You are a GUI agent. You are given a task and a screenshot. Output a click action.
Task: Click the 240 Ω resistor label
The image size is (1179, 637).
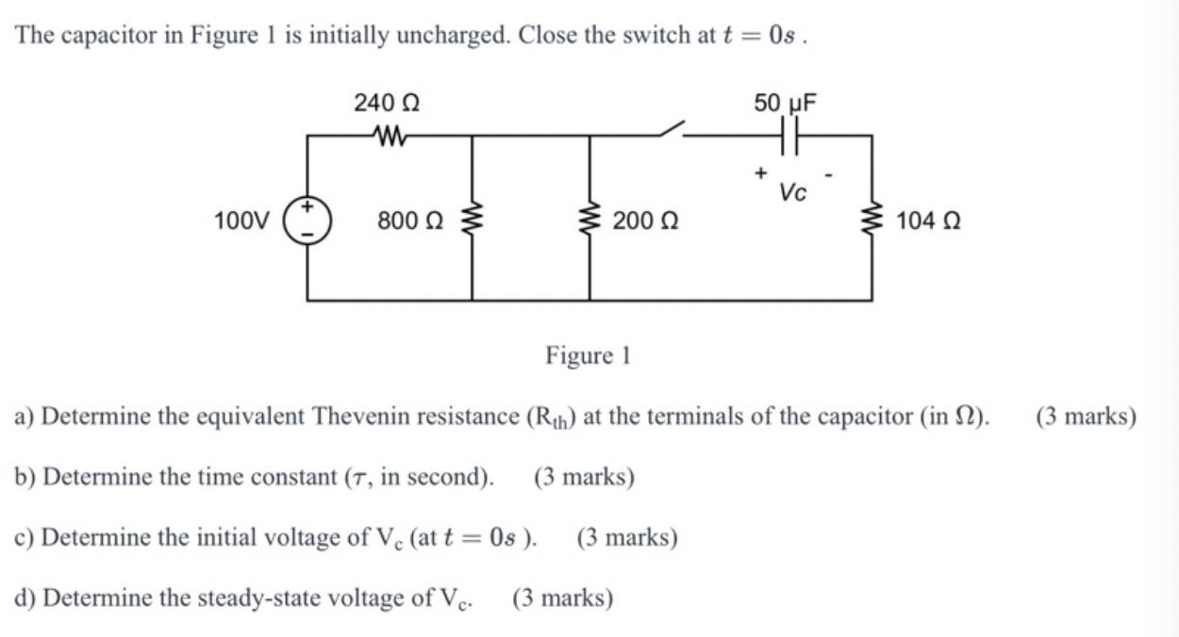coord(387,103)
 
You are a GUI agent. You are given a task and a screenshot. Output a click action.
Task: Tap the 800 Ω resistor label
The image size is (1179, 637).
coord(410,221)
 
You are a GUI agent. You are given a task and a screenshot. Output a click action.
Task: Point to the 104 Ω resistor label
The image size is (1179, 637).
coord(929,221)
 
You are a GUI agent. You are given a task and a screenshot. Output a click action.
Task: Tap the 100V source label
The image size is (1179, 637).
coord(242,221)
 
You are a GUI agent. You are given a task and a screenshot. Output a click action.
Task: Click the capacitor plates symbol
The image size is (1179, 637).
coord(790,136)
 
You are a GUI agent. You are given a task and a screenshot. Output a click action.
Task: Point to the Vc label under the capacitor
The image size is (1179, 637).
coord(792,192)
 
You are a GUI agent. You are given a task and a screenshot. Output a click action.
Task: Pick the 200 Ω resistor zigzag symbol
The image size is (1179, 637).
coord(589,221)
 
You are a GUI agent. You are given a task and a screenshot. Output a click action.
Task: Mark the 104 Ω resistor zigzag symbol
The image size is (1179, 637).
coord(871,221)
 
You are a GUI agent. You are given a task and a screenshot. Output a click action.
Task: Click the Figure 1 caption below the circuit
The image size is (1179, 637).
coord(588,355)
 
